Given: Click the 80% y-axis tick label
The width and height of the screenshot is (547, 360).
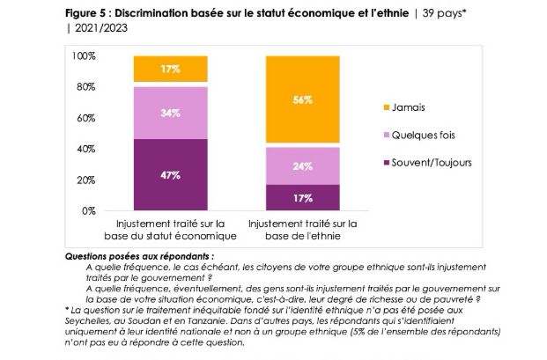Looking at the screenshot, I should (x=85, y=87).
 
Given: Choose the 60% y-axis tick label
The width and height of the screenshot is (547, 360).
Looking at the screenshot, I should (x=85, y=118).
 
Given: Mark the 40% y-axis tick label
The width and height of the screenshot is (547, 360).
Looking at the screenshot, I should (x=85, y=150).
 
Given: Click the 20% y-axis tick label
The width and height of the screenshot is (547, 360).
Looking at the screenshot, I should (x=85, y=180).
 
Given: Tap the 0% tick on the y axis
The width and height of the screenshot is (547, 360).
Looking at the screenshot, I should (x=87, y=211).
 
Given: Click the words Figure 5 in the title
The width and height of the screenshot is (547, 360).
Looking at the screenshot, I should (x=89, y=13).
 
